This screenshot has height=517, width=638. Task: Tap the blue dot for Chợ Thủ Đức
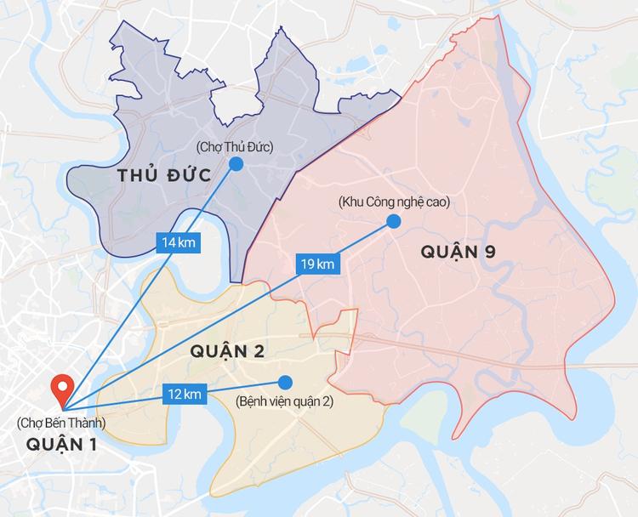click(x=236, y=163)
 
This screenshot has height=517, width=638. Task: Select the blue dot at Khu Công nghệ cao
click(x=393, y=221)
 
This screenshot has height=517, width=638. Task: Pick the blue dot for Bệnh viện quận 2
click(x=284, y=382)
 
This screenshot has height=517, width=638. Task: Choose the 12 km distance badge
click(x=185, y=393)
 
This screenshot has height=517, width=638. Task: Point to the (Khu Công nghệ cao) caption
click(x=393, y=202)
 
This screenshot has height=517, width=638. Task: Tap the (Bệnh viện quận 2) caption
click(x=284, y=401)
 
